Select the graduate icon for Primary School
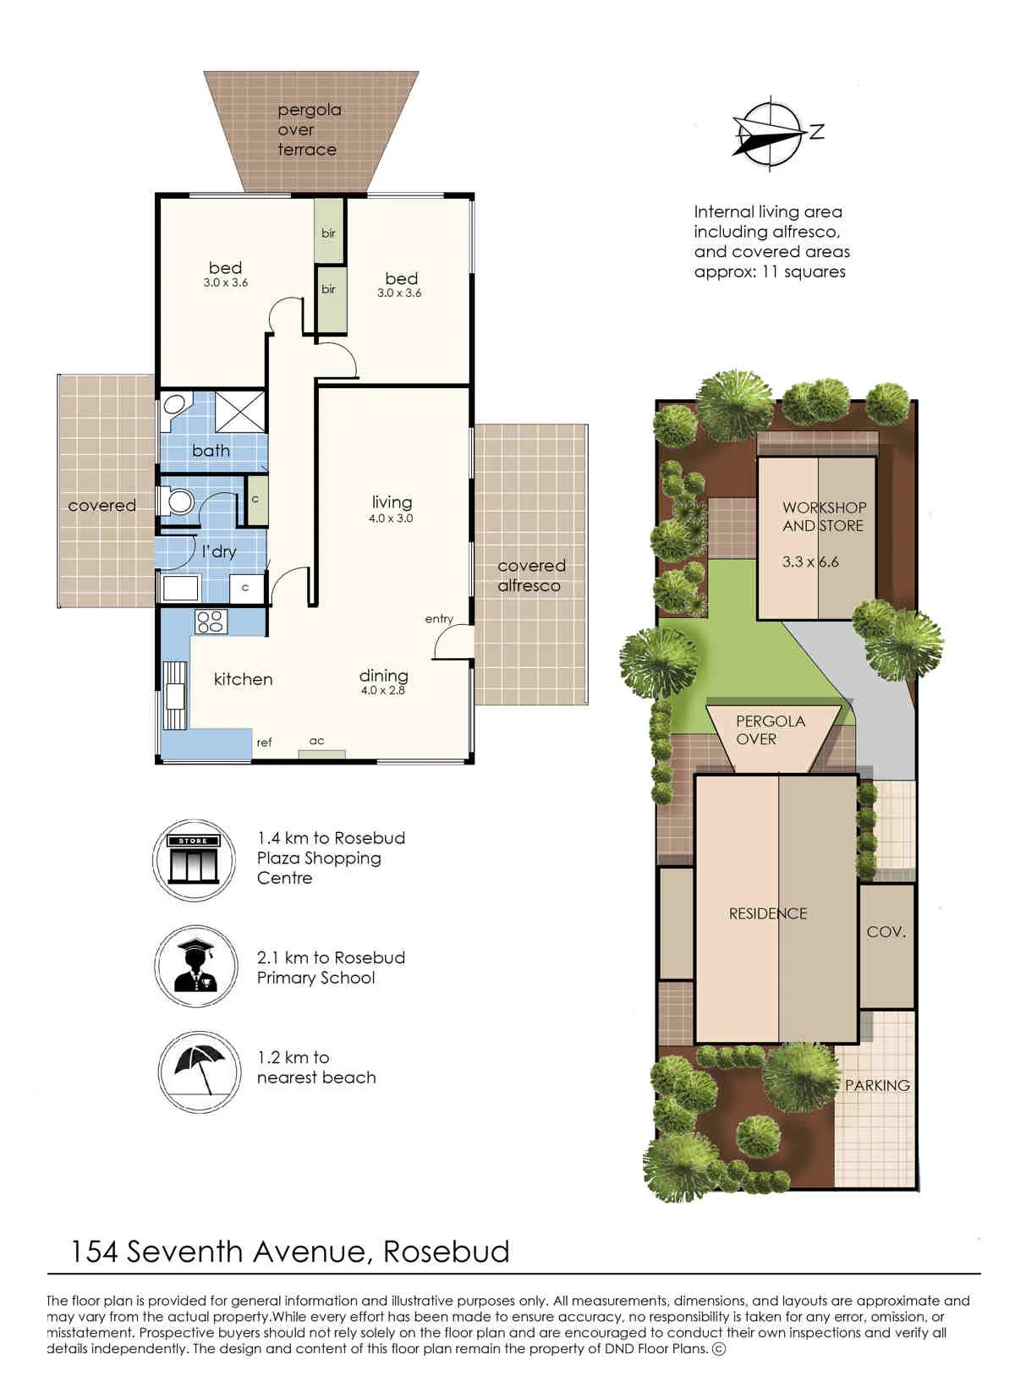point(196,966)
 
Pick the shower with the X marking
point(239,411)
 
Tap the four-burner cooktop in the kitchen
point(211,621)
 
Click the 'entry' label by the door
point(439,618)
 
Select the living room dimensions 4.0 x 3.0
point(391,518)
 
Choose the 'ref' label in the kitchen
point(264,742)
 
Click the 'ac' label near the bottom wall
point(316,741)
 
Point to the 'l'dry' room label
point(219,551)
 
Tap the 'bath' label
point(211,450)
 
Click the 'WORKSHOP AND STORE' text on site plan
point(824,517)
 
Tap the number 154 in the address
point(94,1252)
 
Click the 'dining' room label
point(383,676)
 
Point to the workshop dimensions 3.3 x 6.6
point(810,562)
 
